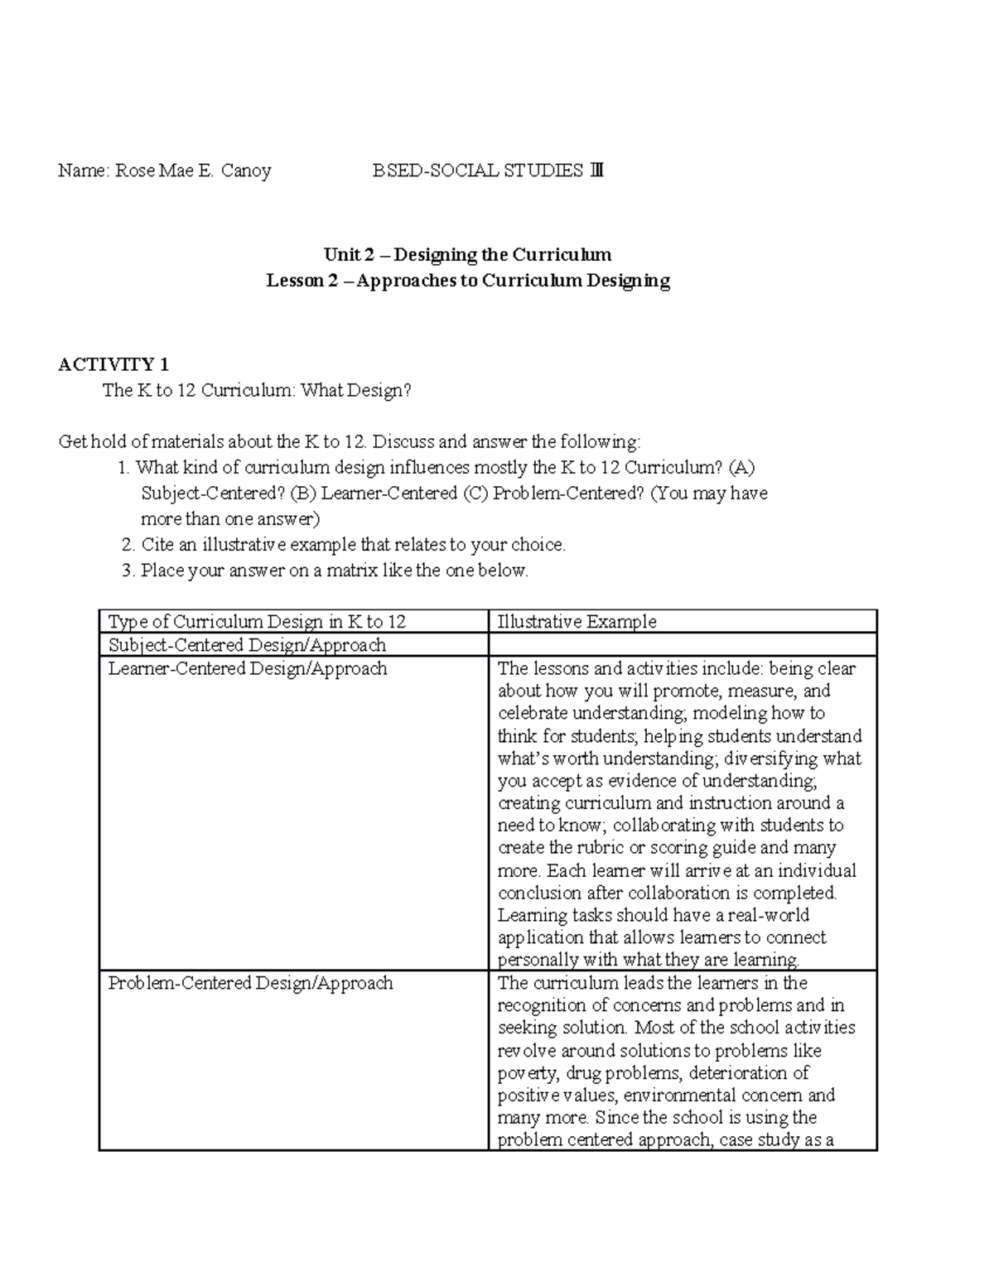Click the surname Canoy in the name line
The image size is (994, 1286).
[246, 171]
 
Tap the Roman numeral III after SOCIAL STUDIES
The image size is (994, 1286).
[596, 171]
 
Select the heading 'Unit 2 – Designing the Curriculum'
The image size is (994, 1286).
[467, 254]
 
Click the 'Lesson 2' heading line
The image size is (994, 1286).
[467, 281]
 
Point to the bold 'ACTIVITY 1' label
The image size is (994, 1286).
[114, 364]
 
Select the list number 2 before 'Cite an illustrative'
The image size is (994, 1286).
[127, 545]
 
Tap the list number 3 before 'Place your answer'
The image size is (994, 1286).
[127, 571]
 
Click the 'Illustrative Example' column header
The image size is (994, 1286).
[577, 622]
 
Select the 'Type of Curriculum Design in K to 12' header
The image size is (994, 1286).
[258, 622]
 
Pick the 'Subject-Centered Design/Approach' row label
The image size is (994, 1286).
[248, 645]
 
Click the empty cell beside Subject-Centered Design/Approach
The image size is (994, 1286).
[683, 645]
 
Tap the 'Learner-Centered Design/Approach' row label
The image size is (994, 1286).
[248, 668]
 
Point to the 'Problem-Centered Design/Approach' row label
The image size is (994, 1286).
[251, 983]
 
